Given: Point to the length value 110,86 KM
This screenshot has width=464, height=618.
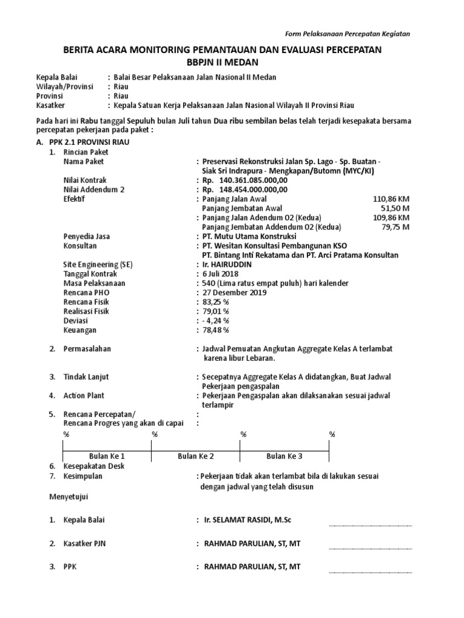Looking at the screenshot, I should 391,199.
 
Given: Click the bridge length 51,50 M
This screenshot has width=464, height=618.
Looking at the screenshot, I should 396,208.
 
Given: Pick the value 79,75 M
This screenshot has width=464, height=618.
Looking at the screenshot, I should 396,227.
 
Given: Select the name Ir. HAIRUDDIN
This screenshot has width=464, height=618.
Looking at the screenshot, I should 228,264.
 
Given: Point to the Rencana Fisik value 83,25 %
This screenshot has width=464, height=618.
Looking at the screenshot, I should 216,302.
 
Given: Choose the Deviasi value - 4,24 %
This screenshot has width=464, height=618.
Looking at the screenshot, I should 216,320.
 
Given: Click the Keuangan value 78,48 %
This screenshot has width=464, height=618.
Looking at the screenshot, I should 216,330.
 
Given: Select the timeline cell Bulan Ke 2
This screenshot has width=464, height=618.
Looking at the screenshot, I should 196,456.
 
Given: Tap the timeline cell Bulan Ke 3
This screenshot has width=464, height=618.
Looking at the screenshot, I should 285,456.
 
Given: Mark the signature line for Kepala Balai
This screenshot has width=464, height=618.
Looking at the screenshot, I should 370,524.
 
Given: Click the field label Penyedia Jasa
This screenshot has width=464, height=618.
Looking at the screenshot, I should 86,237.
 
